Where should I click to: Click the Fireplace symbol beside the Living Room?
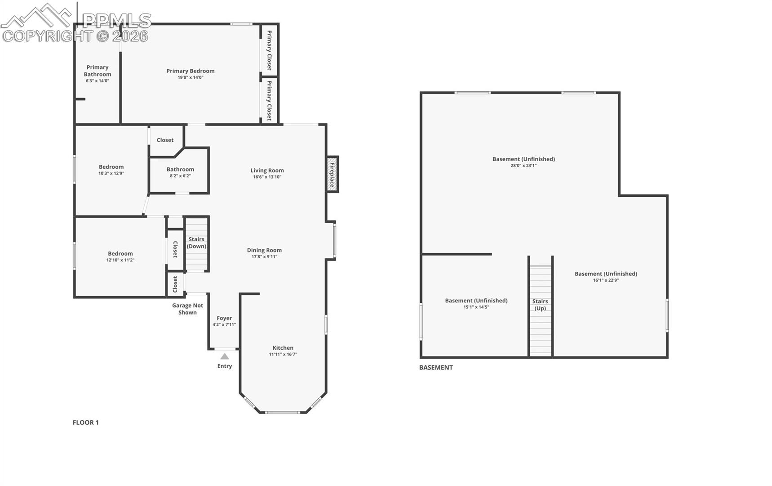(332, 174)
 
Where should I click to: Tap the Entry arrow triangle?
(225, 356)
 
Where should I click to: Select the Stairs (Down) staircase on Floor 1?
(196, 244)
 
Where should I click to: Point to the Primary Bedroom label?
(191, 71)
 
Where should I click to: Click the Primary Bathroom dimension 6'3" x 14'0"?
(98, 81)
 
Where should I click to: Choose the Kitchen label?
(283, 347)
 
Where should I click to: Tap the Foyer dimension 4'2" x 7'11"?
(224, 324)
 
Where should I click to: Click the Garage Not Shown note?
(188, 309)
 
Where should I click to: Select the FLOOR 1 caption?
(86, 422)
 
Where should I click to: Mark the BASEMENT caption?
(436, 367)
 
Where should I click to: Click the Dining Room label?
(264, 250)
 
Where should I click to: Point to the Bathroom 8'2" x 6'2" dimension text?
(180, 176)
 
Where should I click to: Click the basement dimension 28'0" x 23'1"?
(524, 166)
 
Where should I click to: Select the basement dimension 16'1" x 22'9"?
(606, 280)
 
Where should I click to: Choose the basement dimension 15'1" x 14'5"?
(476, 307)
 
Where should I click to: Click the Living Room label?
(267, 170)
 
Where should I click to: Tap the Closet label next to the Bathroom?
(165, 140)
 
